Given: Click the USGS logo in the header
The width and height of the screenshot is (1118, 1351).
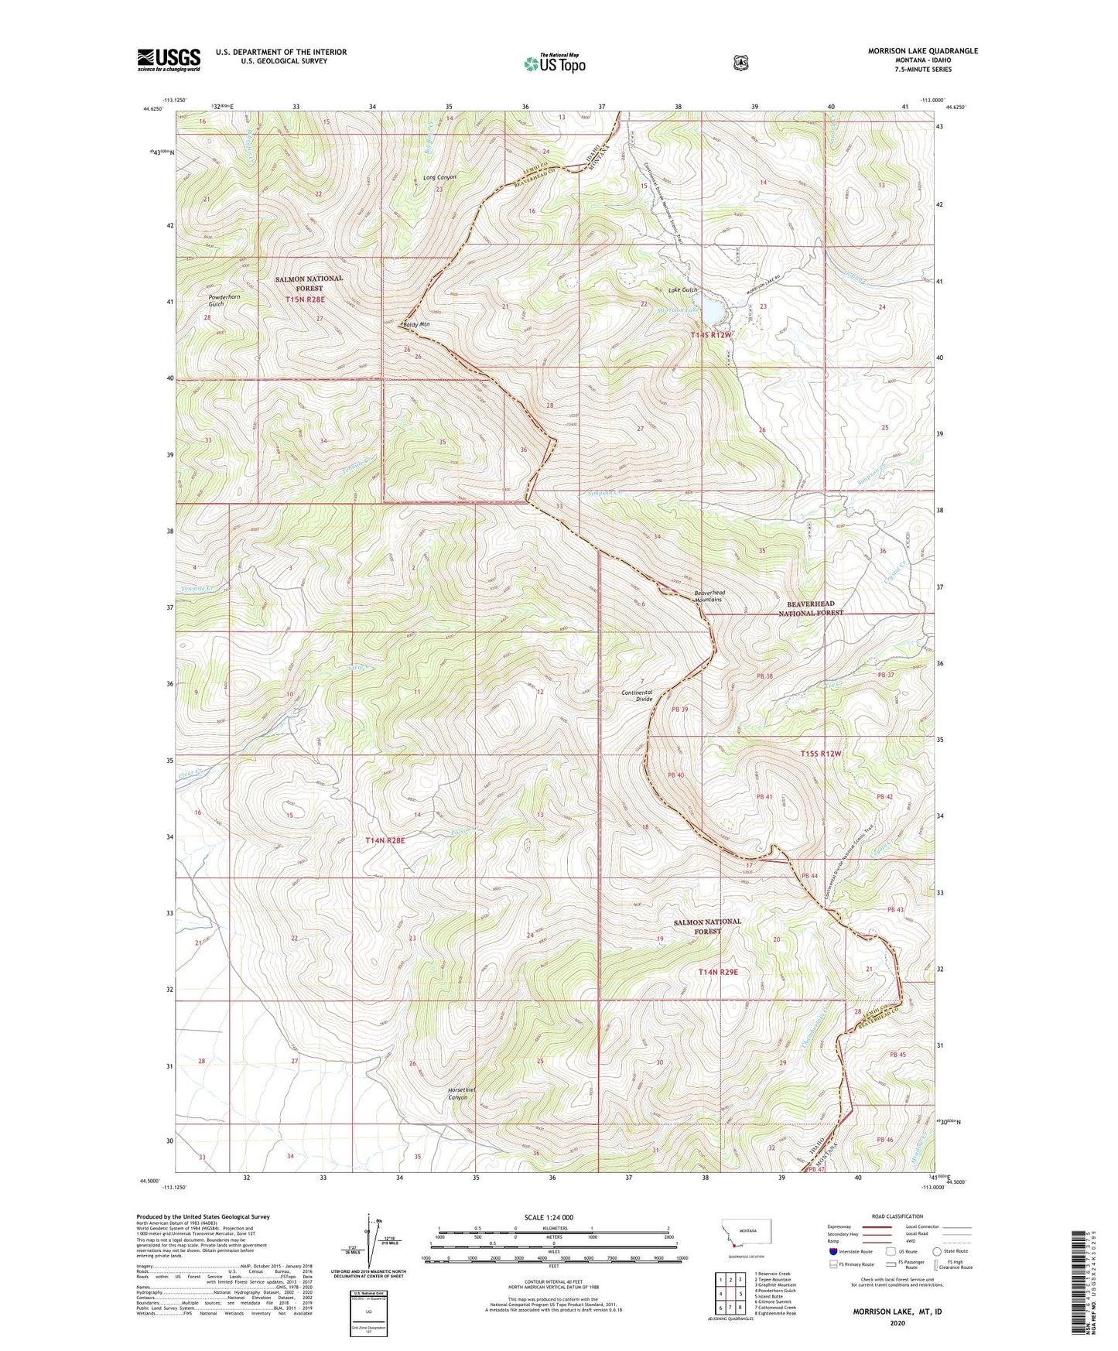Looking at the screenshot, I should (x=169, y=59).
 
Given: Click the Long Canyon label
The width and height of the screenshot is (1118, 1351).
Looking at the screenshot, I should (x=439, y=178).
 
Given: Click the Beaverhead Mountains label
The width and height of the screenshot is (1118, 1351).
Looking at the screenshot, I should (x=708, y=596).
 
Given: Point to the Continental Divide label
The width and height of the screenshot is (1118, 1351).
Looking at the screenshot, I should (x=638, y=695).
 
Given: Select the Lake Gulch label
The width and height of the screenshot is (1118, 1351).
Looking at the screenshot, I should (x=682, y=290).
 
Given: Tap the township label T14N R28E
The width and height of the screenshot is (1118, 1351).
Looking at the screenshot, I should (x=385, y=840).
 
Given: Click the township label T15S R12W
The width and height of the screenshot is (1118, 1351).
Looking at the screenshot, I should (x=821, y=753).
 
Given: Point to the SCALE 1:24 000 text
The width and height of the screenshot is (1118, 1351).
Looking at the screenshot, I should (x=549, y=1217).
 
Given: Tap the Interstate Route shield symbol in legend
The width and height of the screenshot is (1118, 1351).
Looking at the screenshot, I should (x=833, y=1251).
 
